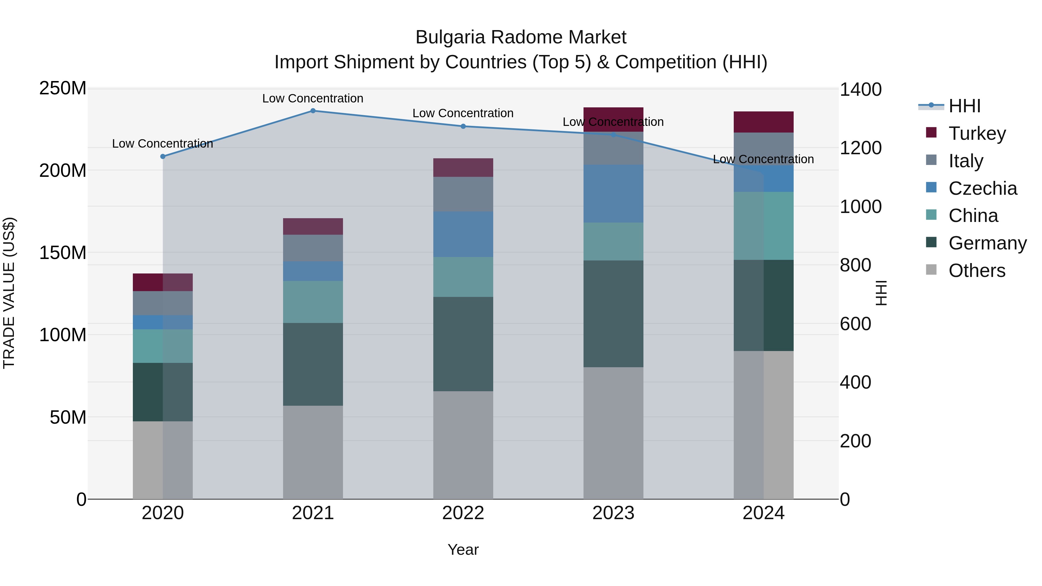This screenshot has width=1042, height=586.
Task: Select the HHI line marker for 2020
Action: pyautogui.click(x=163, y=157)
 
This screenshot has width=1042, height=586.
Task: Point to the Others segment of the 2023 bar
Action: pyautogui.click(x=613, y=433)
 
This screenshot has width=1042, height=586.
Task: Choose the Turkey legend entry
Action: pyautogui.click(x=977, y=133)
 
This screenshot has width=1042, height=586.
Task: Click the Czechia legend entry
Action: pyautogui.click(x=982, y=188)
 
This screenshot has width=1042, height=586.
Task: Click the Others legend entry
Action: pyautogui.click(x=977, y=271)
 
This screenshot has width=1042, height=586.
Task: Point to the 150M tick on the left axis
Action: pyautogui.click(x=63, y=253)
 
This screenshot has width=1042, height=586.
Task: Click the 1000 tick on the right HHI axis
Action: pyautogui.click(x=861, y=207)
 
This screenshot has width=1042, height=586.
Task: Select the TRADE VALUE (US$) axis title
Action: pyautogui.click(x=9, y=293)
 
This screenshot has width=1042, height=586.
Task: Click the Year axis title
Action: pyautogui.click(x=463, y=550)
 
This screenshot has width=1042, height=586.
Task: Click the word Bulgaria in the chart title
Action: pyautogui.click(x=450, y=37)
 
